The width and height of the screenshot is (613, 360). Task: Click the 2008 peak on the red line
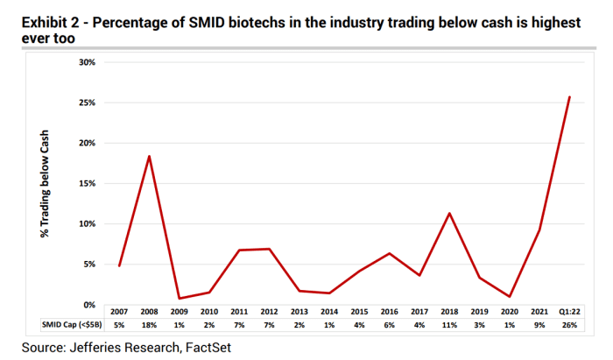coord(149,157)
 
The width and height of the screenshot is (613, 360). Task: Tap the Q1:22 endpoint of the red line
coord(569,97)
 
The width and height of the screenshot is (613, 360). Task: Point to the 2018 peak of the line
coord(449,213)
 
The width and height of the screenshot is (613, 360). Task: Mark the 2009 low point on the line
coord(179,298)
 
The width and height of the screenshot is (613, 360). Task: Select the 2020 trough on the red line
coord(510,296)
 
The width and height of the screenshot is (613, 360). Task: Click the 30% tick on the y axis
coord(87,62)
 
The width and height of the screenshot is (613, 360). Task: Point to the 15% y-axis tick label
coord(87,183)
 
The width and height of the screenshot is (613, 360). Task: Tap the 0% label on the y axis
coord(89,305)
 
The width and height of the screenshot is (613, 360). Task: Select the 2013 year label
coord(299,312)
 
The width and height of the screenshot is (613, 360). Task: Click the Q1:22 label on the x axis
coord(569,312)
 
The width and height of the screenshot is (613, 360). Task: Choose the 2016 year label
coord(390,312)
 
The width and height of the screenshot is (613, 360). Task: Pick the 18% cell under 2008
coord(149,325)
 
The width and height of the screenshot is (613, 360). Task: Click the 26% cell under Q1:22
coord(569,325)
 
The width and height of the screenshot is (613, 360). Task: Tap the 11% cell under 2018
coord(449,325)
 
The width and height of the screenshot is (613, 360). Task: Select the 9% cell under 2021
coord(539,325)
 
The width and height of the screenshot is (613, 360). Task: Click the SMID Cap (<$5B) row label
coord(72,325)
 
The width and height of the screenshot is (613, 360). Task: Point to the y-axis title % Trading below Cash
coord(45,184)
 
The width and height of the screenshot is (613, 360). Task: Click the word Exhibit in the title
coord(44,23)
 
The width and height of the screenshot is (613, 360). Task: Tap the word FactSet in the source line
coord(208,348)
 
